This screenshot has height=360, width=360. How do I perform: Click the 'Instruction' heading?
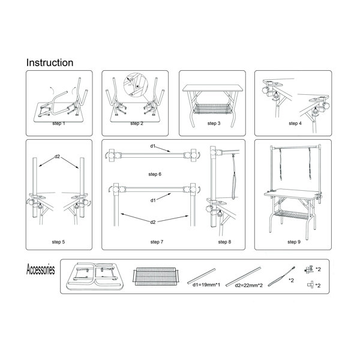[x=50, y=62]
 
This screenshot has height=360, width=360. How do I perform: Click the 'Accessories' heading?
[x=41, y=269]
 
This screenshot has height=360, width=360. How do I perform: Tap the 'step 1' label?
[x=59, y=124]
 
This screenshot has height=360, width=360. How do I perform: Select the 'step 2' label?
[x=137, y=124]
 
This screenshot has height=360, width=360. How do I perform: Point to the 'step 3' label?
[x=214, y=124]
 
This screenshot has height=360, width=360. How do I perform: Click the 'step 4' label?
[x=295, y=124]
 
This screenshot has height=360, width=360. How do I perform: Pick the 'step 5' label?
[x=58, y=242]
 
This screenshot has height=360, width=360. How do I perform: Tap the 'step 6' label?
[x=155, y=174]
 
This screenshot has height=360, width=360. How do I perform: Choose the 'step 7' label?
[x=157, y=242]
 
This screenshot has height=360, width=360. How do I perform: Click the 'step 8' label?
[x=224, y=242]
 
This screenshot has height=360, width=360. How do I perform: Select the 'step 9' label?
[x=294, y=242]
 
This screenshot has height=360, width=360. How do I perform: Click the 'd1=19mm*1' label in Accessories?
[x=206, y=285]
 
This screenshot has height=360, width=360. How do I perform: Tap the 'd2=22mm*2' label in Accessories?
[x=248, y=286]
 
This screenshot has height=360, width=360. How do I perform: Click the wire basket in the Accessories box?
[x=156, y=277]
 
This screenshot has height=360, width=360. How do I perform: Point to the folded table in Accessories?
[x=95, y=276]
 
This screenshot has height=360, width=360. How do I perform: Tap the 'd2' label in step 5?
[x=57, y=157]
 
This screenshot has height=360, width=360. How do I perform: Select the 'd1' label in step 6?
[x=153, y=146]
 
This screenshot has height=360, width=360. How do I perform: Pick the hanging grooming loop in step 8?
[x=234, y=177]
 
